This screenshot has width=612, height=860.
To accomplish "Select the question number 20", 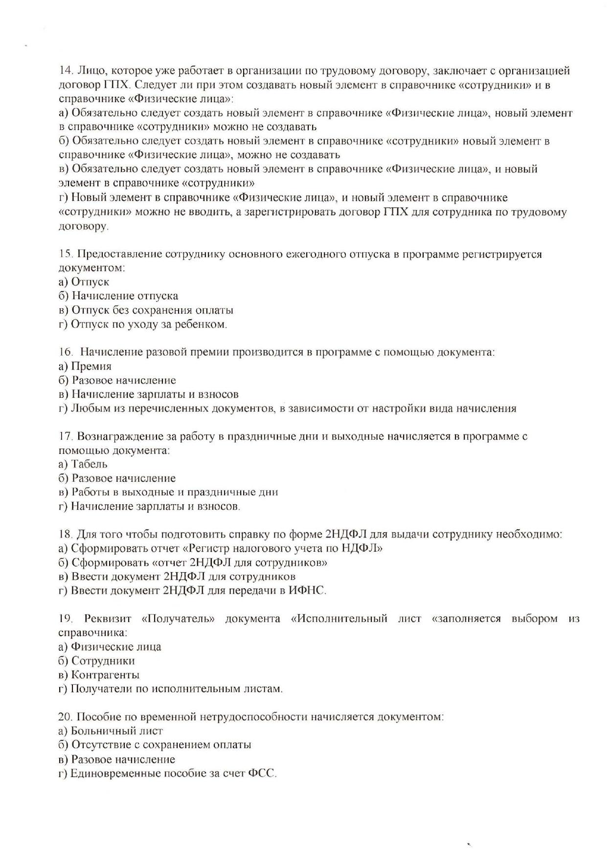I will tap(66, 717).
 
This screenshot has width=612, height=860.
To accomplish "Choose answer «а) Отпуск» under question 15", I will tap(84, 282).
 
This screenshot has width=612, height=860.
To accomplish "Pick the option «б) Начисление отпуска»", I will tap(118, 296).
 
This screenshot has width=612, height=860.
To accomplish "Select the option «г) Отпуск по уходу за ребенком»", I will tap(143, 324).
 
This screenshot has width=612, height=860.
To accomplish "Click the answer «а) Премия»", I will tap(85, 366).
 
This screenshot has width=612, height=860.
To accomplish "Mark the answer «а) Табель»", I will tap(83, 464).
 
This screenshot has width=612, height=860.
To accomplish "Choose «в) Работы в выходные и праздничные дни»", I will tap(168, 492).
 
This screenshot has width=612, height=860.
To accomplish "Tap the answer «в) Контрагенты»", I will tap(99, 675).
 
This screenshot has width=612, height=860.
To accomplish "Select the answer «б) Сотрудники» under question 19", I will tap(97, 661).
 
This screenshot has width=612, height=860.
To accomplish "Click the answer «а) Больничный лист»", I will tap(111, 731).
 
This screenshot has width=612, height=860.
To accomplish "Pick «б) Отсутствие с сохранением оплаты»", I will tap(155, 745).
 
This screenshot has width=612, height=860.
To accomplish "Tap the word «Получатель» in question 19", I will tap(178, 619).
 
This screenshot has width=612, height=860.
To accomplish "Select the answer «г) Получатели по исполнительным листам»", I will tap(171, 689).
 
